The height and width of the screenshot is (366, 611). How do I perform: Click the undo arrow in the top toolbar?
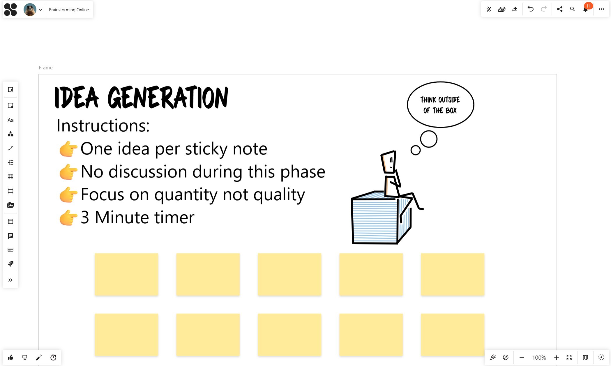point(530,9)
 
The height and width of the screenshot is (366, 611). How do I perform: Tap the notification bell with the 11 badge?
point(585,9)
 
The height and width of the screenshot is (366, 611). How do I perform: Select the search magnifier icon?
point(572,9)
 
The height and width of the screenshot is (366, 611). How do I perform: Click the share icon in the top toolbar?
point(559,9)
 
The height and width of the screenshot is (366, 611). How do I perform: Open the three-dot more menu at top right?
point(601,9)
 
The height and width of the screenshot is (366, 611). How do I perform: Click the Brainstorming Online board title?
point(69,10)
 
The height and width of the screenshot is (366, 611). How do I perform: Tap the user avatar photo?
point(30,10)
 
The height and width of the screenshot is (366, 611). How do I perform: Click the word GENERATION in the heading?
point(168,98)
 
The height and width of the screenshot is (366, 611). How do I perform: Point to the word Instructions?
point(103,125)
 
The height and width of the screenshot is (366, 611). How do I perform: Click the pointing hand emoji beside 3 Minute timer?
point(68,218)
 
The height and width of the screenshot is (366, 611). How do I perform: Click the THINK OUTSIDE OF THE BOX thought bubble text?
point(440,105)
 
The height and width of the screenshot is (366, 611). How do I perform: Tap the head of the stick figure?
point(389,162)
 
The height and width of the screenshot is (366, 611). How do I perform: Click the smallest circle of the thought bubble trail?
point(415,150)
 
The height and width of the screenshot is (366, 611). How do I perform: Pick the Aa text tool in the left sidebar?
point(10,120)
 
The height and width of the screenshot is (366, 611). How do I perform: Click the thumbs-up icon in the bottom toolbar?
point(10,357)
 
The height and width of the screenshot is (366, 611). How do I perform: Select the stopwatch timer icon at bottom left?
point(53,357)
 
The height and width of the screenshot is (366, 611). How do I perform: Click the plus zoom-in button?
point(556,358)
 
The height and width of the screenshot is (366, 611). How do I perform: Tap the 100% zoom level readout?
point(539,358)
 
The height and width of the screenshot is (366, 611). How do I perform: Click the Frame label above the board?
point(46,68)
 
